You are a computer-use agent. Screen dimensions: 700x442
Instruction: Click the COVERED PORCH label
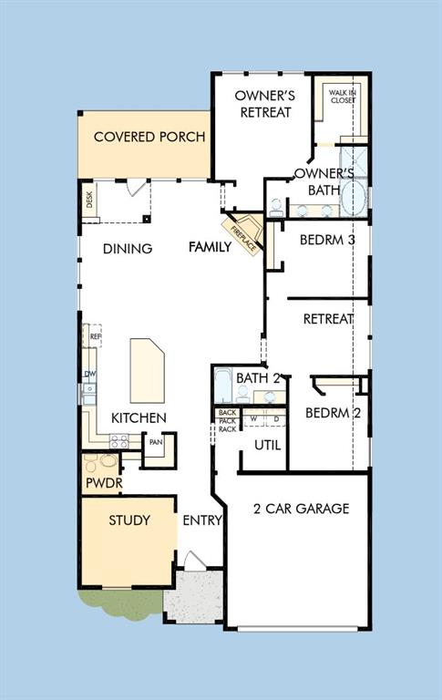pyautogui.click(x=149, y=138)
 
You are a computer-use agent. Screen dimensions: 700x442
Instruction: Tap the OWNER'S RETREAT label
pyautogui.click(x=264, y=103)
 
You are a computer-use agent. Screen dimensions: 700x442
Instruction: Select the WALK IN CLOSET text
pyautogui.click(x=342, y=96)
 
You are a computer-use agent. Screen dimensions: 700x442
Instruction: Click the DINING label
pyautogui.click(x=127, y=249)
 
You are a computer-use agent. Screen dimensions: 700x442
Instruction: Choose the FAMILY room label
pyautogui.click(x=210, y=247)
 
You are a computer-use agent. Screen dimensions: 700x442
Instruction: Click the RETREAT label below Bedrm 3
pyautogui.click(x=328, y=319)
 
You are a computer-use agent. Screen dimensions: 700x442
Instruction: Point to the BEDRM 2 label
pyautogui.click(x=333, y=413)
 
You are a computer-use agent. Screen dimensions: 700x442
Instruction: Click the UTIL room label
pyautogui.click(x=267, y=445)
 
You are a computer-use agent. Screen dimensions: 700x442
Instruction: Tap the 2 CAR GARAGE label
pyautogui.click(x=301, y=509)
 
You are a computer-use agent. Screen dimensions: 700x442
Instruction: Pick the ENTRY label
pyautogui.click(x=202, y=520)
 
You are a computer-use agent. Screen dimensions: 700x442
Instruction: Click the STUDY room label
pyautogui.click(x=129, y=520)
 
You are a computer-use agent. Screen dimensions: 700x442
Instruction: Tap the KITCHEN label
pyautogui.click(x=139, y=417)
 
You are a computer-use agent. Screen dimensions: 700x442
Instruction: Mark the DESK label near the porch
pyautogui.click(x=89, y=201)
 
